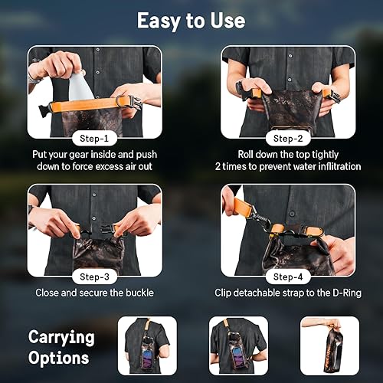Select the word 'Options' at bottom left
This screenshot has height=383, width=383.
(x=58, y=357)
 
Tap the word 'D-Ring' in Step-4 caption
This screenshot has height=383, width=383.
(x=336, y=293)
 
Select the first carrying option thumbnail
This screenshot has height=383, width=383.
(x=147, y=345)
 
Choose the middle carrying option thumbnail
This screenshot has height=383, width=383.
(x=238, y=345)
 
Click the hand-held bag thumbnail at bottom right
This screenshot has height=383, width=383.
(x=329, y=345)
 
